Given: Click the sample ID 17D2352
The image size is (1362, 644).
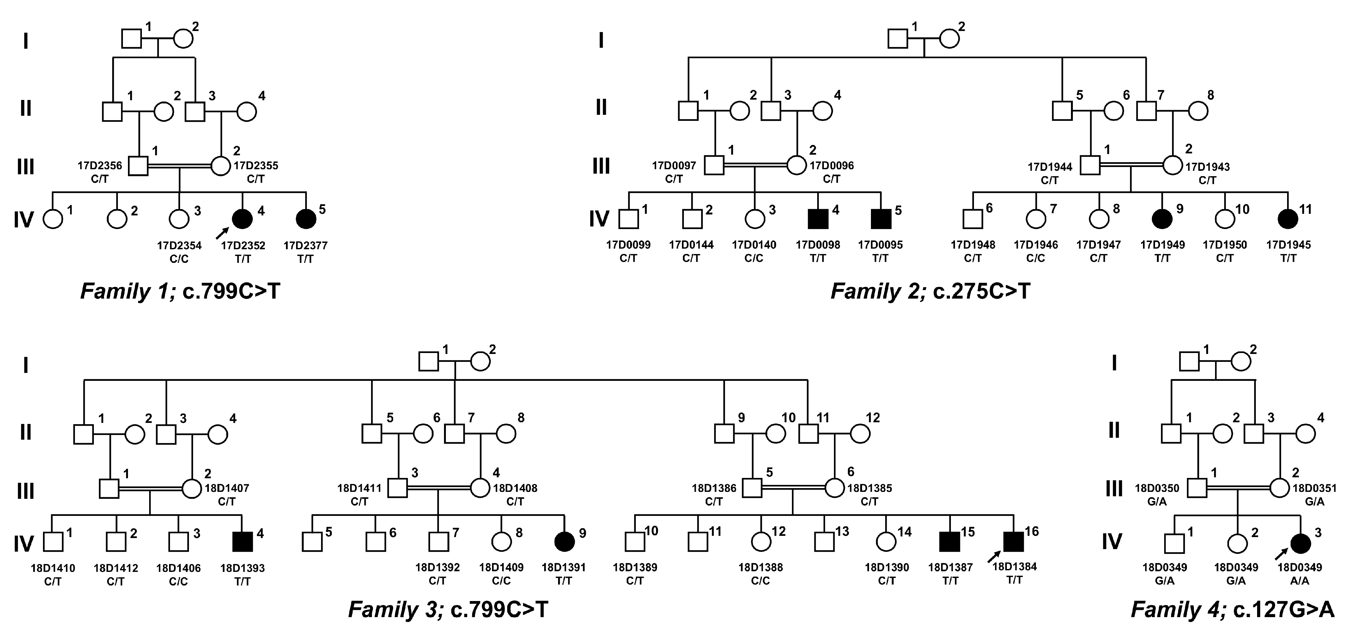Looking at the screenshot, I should (243, 245).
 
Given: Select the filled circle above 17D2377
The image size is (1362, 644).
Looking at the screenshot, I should (306, 219).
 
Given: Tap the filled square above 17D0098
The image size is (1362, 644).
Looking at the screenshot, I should (818, 219).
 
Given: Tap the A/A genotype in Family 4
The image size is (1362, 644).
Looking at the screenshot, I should (1300, 581).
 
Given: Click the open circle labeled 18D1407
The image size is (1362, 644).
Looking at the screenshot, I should (192, 488).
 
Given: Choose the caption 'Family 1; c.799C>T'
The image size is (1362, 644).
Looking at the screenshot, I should (180, 292).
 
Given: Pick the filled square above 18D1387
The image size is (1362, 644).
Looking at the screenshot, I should (950, 541).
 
